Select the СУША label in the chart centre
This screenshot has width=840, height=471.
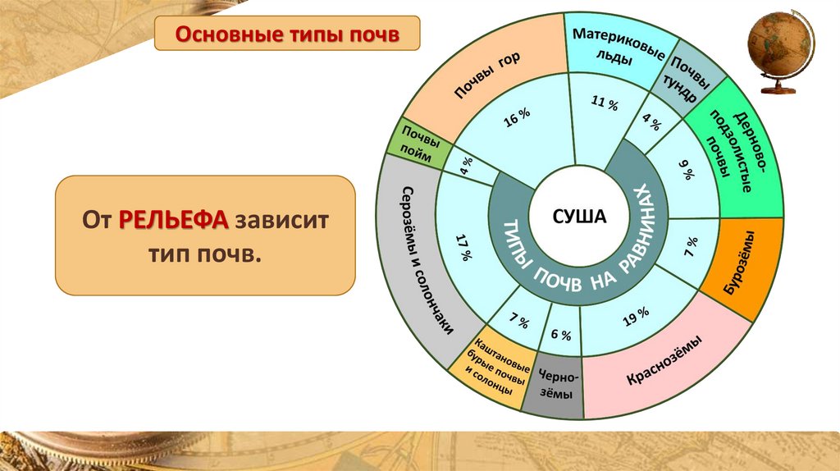tap(579, 217)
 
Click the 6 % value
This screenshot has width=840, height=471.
tap(560, 334)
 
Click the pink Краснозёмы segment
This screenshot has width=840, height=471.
tap(664, 361)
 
